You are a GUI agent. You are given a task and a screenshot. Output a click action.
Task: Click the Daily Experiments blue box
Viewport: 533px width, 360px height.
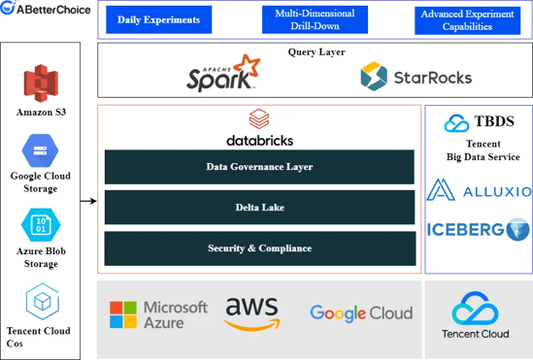coord(159,19)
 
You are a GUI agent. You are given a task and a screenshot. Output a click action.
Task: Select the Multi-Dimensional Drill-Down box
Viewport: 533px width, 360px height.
coord(315,19)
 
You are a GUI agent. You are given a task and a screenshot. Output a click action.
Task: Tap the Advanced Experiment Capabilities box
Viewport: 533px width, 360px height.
coord(467,20)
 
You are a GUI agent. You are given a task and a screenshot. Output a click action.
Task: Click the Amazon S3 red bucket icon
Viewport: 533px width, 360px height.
coord(41,83)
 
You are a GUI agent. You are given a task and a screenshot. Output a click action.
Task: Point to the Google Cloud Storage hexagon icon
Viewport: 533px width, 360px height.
coord(40,150)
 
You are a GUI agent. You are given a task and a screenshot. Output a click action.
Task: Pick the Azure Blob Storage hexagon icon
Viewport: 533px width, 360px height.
coord(41,225)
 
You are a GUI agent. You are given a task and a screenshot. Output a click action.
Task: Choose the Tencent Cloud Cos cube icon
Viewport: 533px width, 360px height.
coord(43,302)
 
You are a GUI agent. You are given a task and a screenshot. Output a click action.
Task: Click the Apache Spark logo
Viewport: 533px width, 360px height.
coord(223,73)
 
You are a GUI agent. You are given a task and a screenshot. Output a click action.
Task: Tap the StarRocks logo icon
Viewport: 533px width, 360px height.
coord(374,76)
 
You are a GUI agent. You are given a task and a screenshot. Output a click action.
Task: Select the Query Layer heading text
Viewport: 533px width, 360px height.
coord(316,52)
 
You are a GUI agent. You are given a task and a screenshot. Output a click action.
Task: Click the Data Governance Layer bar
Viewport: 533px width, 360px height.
coord(259,167)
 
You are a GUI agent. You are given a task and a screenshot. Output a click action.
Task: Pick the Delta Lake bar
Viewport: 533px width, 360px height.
coord(259,208)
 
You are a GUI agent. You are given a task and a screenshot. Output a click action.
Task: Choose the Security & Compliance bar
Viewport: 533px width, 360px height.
coord(260,248)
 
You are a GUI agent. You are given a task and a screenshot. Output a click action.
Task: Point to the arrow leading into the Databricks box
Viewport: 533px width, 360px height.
coord(88,201)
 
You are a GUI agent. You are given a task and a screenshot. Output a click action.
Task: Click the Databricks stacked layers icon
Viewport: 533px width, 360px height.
coord(259,118)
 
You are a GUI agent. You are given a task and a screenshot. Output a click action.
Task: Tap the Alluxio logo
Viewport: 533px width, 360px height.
coord(479,190)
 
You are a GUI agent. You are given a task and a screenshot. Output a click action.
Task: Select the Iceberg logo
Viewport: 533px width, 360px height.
coord(479,230)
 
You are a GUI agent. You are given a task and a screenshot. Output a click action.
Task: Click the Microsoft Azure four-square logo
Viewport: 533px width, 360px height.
coord(123,314)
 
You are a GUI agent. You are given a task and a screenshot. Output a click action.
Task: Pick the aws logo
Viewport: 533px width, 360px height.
coord(251,314)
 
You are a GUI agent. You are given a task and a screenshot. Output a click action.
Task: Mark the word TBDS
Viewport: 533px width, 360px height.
coord(494,121)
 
